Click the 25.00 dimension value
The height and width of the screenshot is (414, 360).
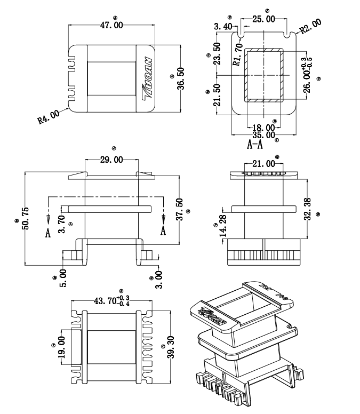263,19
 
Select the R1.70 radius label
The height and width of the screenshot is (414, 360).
238,54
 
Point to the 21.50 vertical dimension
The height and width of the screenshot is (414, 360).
217,95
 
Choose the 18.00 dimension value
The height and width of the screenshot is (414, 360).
263,128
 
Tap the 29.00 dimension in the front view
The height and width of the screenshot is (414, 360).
111,160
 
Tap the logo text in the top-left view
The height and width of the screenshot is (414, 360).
148,78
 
